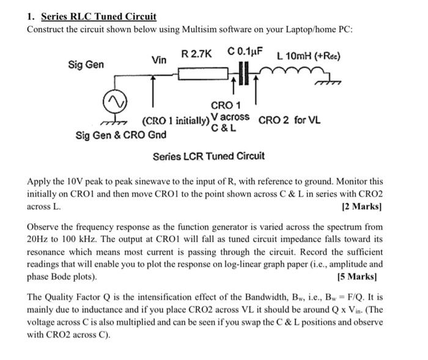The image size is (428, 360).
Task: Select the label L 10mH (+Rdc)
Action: coord(309,57)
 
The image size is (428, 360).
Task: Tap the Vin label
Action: coord(159,59)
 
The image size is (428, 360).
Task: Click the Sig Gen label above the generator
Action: coord(86,64)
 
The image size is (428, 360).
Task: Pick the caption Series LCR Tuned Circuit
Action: coord(208,156)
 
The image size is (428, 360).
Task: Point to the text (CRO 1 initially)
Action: coord(175,120)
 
